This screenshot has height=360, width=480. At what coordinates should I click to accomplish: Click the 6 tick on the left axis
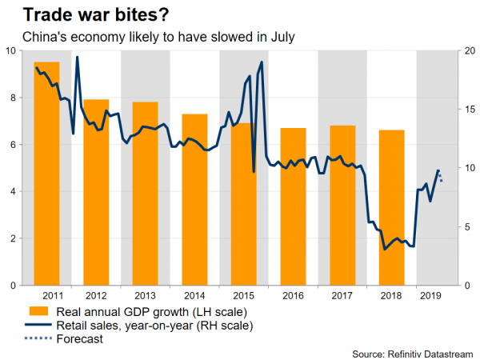point(11,145)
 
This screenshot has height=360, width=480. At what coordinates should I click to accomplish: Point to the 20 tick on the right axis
point(472,50)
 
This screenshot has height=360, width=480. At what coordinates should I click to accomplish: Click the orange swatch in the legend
point(38,311)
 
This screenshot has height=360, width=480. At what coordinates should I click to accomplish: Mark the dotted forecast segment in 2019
point(441,178)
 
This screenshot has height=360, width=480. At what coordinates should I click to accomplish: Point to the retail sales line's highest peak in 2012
point(77,58)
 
